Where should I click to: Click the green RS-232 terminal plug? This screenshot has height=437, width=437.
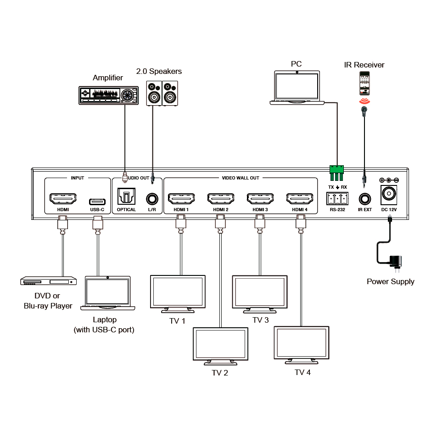(336, 173)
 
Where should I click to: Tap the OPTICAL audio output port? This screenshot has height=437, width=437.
(126, 196)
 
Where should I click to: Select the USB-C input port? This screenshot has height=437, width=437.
(97, 202)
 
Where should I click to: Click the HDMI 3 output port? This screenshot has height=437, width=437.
(260, 199)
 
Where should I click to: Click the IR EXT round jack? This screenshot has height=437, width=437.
(365, 199)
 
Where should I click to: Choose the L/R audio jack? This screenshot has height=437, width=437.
(152, 199)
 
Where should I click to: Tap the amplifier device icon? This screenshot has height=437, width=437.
(109, 95)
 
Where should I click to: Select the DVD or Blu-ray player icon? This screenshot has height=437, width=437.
(49, 281)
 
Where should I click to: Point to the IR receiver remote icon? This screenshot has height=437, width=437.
(364, 84)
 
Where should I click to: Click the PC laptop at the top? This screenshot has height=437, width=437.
(297, 88)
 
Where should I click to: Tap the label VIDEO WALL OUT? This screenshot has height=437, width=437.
(241, 178)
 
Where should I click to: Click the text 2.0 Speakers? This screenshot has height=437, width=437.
(159, 71)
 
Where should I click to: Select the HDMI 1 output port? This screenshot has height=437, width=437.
(181, 199)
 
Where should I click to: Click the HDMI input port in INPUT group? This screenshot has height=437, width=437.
(63, 199)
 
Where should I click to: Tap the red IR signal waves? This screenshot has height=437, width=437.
(364, 101)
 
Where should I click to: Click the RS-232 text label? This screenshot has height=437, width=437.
(337, 210)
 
